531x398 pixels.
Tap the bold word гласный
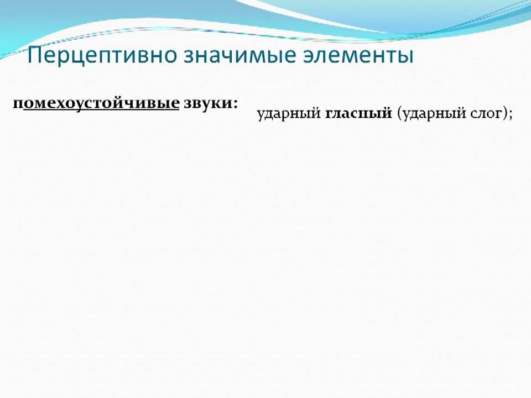(x=358, y=114)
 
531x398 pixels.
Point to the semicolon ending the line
(x=510, y=115)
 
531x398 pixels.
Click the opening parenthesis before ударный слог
(x=398, y=114)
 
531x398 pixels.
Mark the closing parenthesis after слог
(x=503, y=114)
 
